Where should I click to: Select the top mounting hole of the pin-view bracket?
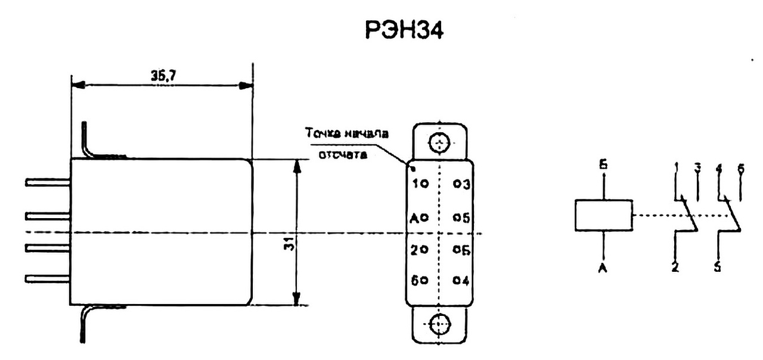pyautogui.click(x=439, y=144)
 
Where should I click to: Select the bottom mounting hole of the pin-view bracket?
pyautogui.click(x=439, y=325)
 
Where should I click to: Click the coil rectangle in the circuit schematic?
pyautogui.click(x=603, y=215)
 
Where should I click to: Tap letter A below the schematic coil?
pyautogui.click(x=604, y=269)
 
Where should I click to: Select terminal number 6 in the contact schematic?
pyautogui.click(x=740, y=169)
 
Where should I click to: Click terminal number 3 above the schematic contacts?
pyautogui.click(x=697, y=169)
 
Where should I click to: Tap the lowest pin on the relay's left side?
pyautogui.click(x=48, y=278)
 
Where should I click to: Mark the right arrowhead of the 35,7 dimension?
pyautogui.click(x=244, y=85)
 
